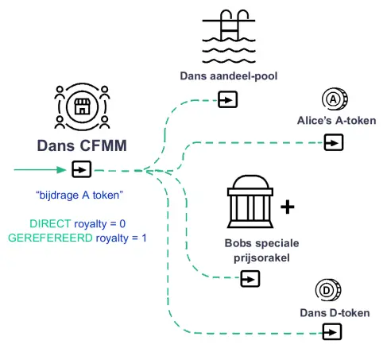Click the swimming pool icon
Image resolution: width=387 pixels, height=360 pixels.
229,37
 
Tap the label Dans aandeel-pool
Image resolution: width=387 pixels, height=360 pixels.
229,76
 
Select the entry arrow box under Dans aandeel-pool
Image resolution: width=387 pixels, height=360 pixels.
227,99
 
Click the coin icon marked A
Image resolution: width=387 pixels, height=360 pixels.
335,99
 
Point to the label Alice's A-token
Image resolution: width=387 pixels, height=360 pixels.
337,121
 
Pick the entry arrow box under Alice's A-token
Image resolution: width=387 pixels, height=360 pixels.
334,142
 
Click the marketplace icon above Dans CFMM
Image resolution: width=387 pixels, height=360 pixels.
82,106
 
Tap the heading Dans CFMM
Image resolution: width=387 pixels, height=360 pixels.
82,145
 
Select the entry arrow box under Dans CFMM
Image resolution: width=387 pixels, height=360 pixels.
82,169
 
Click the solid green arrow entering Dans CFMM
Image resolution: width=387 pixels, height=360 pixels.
40,169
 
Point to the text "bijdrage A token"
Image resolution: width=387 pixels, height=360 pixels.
79,195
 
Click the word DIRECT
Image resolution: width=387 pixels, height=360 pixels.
50,224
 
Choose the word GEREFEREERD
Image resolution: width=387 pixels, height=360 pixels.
50,238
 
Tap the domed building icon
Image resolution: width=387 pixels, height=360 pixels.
250,201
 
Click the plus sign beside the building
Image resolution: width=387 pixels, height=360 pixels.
288,207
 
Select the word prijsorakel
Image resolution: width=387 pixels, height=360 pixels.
261,257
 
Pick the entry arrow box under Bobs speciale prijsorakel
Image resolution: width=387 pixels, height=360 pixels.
250,279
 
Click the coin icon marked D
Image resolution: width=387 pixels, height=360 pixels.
328,290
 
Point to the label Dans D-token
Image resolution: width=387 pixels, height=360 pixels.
335,313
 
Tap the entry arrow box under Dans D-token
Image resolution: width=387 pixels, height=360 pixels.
332,331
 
